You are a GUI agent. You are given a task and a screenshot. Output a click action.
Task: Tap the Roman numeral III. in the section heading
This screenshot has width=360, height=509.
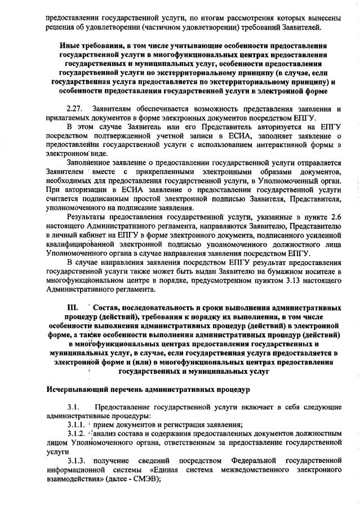point(72,309)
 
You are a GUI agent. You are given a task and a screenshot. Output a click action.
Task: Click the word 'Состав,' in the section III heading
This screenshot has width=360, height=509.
point(109,309)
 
